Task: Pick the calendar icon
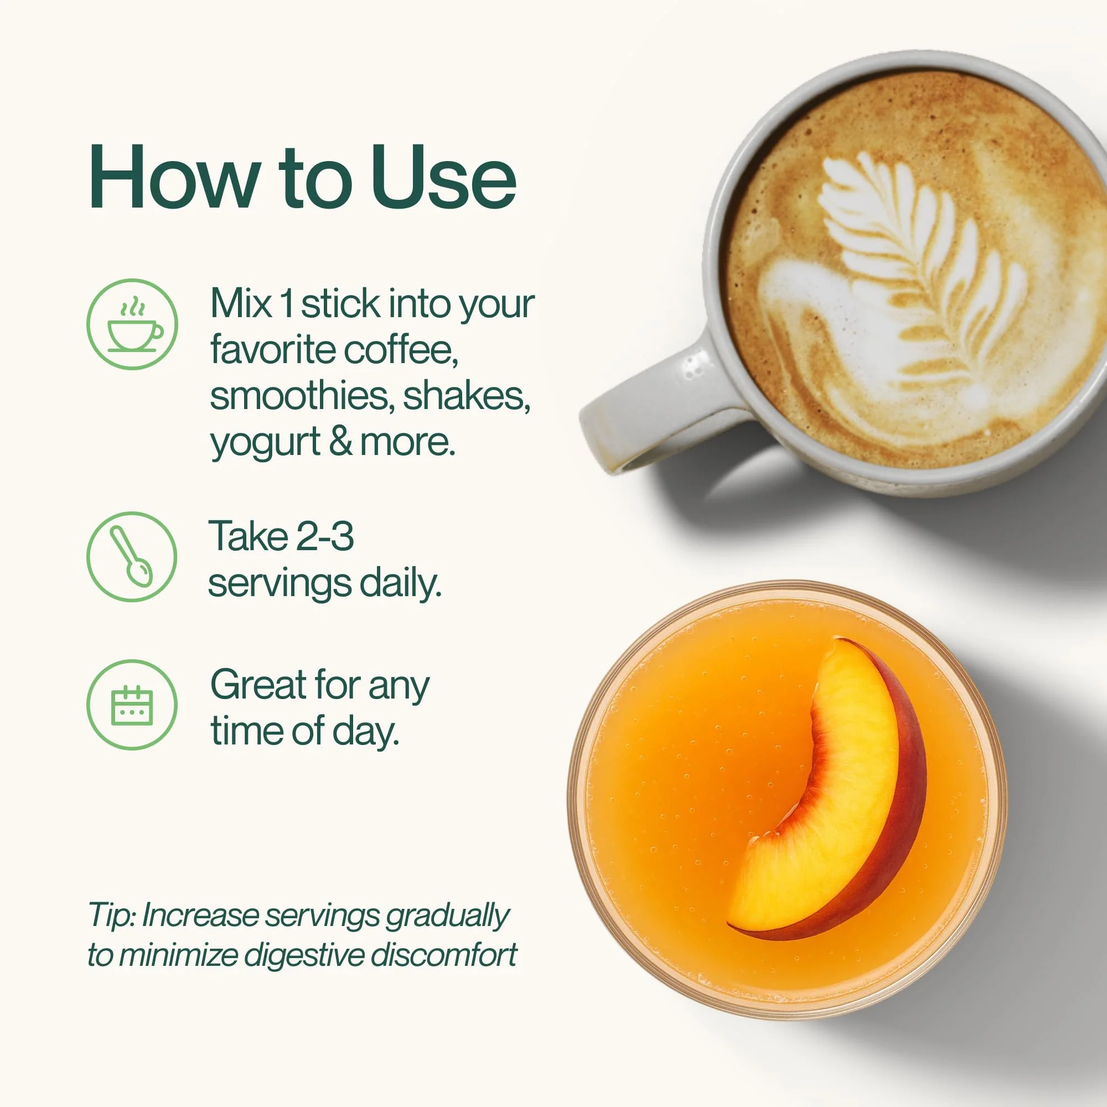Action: tap(132, 705)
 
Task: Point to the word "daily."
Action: tap(401, 584)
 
